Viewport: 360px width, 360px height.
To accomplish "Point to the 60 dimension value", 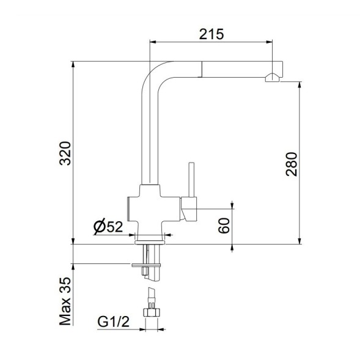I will click(224, 226).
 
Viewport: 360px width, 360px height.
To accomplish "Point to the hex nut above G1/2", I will click(152, 311).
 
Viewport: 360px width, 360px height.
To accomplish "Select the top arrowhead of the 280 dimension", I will click(299, 84).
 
